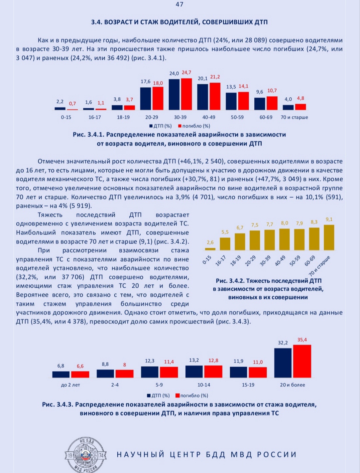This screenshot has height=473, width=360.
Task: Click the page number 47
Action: click(x=179, y=4)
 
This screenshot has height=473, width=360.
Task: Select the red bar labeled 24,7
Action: click(x=187, y=94)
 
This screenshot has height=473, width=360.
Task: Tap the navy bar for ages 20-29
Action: click(x=145, y=99)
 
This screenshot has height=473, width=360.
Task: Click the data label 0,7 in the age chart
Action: click(x=72, y=104)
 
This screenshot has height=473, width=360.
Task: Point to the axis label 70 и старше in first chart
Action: click(x=294, y=117)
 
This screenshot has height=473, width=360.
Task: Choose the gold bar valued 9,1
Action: click(x=329, y=238)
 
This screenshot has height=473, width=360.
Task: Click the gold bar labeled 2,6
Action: click(x=210, y=249)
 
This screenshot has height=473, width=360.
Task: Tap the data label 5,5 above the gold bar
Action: click(x=225, y=232)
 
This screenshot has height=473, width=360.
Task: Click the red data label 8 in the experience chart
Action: click(x=124, y=365)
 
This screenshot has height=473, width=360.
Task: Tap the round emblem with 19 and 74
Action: click(x=86, y=455)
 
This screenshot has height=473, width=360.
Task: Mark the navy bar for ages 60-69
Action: click(x=260, y=104)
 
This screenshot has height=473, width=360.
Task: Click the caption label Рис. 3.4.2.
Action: click(x=230, y=281)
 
